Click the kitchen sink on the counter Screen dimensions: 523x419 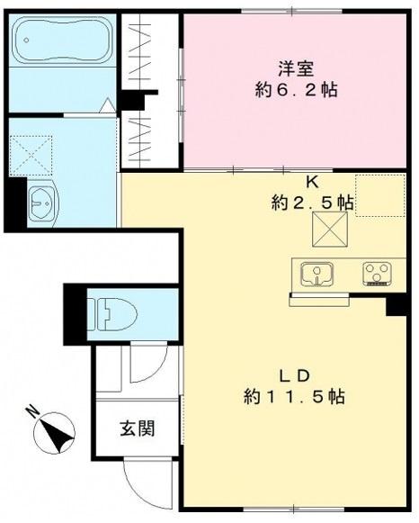click(x=316, y=272)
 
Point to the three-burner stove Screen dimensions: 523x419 click(x=377, y=272)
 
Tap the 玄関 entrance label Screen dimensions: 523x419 click(x=137, y=428)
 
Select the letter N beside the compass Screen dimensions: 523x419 click(x=32, y=414)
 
